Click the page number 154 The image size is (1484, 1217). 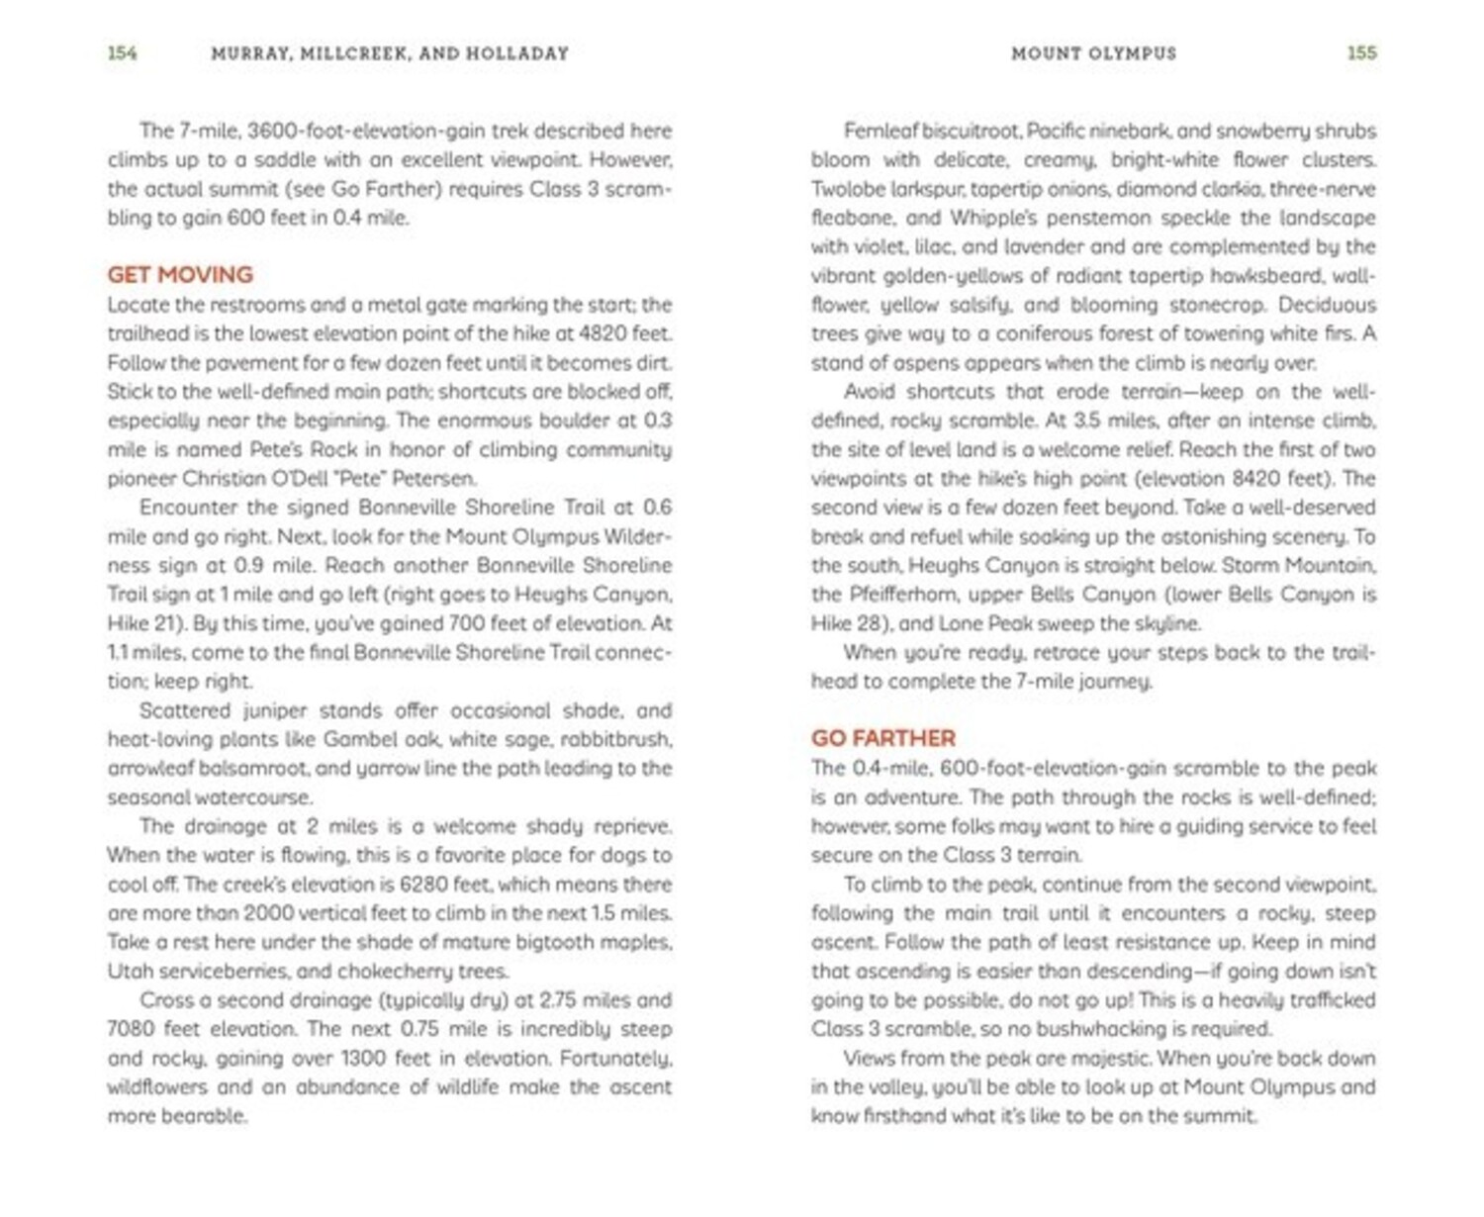coord(122,53)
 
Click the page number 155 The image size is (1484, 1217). coord(1361,53)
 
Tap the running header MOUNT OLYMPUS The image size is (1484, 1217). coord(1093,53)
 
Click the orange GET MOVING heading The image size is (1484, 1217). coord(180,274)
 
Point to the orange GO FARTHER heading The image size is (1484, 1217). coord(882,738)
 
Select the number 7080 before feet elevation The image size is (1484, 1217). coord(131,1029)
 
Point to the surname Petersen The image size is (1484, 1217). coord(434,479)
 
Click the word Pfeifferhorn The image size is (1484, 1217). coord(905,595)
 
